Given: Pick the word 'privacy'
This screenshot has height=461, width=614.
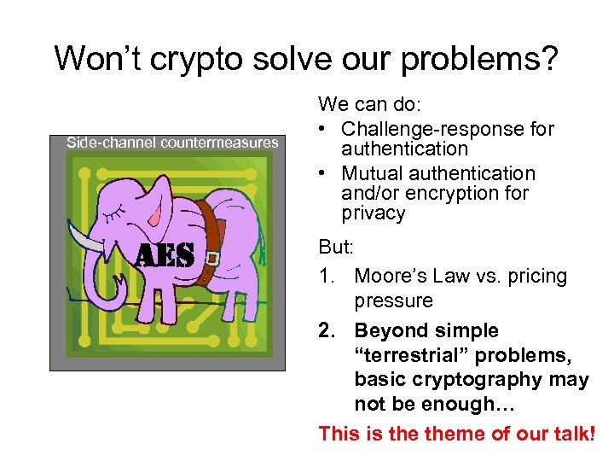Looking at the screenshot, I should [x=373, y=213].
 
